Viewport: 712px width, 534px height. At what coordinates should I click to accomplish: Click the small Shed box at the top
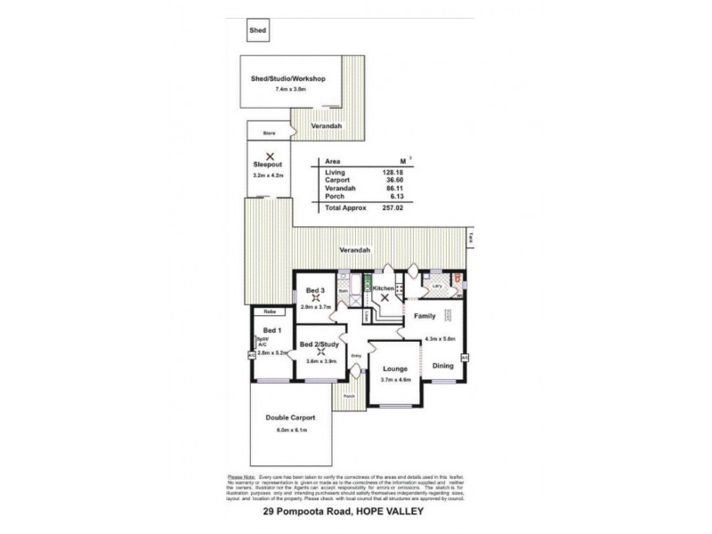coord(256,30)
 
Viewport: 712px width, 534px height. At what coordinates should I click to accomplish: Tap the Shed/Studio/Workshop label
coord(289,78)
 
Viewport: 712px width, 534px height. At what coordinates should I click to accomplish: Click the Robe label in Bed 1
coord(268,312)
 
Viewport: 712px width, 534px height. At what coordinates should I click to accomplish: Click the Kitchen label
coord(384,289)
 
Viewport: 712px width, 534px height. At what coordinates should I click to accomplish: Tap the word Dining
coord(443,367)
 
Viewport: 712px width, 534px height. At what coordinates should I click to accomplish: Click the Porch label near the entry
coord(350,396)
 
